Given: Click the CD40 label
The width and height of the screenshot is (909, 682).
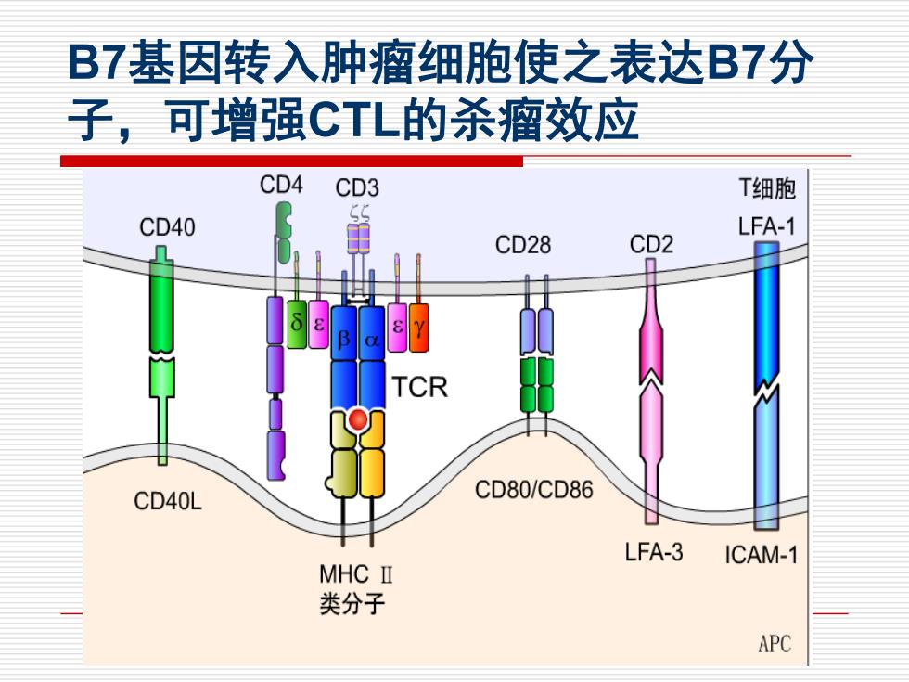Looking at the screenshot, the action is (167, 227).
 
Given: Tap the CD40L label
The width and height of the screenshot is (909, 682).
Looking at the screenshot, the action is (168, 501).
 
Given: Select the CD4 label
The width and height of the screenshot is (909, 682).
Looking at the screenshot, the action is (281, 185).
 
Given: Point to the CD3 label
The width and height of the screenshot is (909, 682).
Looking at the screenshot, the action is (357, 187).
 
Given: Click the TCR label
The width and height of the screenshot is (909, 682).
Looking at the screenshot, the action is (420, 387).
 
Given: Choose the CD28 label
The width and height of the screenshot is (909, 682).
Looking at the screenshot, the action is (523, 245).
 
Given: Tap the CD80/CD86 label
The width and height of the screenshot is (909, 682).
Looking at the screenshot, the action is (534, 490).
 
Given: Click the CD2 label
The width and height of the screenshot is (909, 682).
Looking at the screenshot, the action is (651, 244).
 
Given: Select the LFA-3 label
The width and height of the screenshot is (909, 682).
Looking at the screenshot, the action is (654, 551).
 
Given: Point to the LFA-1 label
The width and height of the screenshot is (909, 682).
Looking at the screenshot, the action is (766, 226).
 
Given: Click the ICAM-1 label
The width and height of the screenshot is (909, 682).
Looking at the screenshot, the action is (762, 555).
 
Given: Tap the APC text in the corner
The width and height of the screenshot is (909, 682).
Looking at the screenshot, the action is (775, 644).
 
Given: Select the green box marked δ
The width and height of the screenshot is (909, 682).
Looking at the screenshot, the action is (297, 324).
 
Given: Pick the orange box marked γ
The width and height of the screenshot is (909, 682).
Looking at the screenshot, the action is (418, 328).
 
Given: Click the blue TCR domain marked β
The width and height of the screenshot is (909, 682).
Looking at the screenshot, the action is (344, 338).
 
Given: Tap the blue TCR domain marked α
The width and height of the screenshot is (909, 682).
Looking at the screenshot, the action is (372, 338).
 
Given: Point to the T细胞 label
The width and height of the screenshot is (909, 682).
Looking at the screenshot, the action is (767, 189).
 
